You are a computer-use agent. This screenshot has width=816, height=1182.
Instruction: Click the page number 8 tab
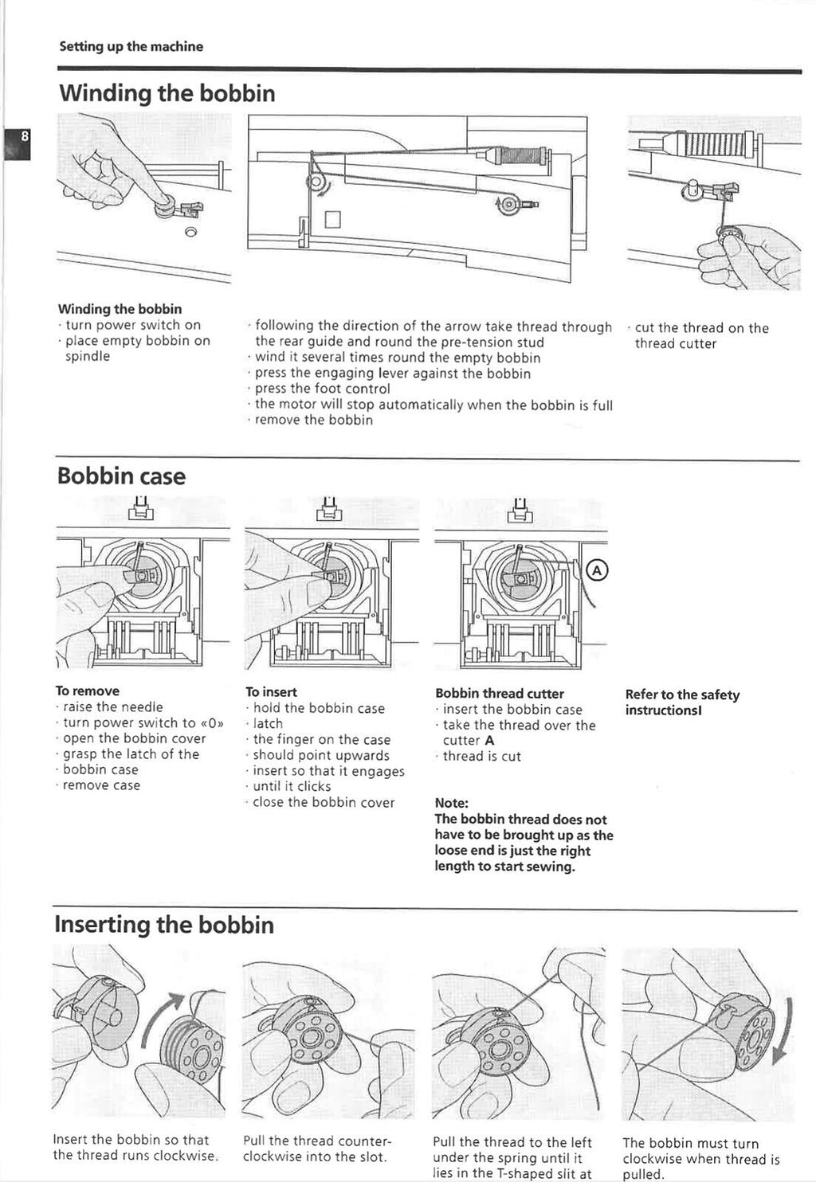[16, 142]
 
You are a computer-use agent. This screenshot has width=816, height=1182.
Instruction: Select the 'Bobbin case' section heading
[121, 476]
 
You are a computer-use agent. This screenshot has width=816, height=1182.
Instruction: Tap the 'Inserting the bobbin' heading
[164, 924]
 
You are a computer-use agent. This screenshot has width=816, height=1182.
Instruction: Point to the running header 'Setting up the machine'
[131, 46]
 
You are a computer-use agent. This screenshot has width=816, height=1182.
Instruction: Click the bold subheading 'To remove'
[88, 691]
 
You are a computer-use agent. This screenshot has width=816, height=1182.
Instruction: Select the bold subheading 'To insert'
[271, 692]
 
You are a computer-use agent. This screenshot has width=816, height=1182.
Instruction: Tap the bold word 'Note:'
[452, 803]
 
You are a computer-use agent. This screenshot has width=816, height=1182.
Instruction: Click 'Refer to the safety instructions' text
[682, 702]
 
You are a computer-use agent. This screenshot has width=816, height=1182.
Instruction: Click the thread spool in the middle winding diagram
[518, 155]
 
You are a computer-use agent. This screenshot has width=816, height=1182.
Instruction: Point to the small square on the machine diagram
[332, 218]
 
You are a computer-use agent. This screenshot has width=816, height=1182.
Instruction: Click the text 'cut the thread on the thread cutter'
[701, 335]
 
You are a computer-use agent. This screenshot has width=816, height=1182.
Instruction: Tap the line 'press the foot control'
[322, 389]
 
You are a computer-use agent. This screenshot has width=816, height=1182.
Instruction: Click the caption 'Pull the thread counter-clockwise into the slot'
[316, 1149]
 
